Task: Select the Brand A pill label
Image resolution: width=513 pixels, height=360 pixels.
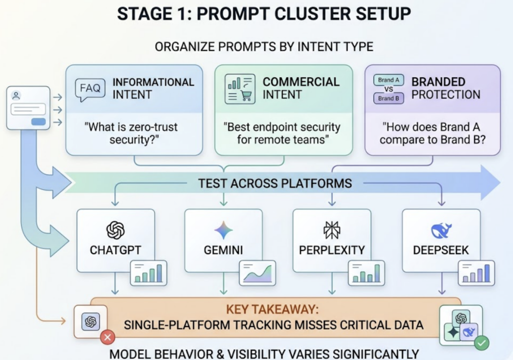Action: coord(389,80)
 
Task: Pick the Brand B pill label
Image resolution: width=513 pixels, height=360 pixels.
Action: coord(389,98)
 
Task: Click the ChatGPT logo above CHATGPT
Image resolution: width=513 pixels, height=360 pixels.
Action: coord(115,230)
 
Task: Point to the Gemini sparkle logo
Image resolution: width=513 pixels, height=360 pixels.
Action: coord(223,230)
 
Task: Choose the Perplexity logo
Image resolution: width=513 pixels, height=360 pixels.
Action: coord(332,230)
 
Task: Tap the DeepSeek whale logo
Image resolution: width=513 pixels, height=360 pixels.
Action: coord(441,230)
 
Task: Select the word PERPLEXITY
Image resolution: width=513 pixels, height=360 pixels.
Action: coord(332,250)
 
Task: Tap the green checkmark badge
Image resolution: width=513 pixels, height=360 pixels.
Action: coord(482,343)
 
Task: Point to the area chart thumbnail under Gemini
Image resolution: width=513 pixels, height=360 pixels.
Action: coord(258,273)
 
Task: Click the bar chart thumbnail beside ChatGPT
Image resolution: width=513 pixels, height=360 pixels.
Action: coord(148,273)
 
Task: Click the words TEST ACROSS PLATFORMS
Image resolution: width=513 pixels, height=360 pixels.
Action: coord(275,183)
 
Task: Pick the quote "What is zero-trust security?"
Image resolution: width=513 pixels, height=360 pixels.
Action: coord(133,133)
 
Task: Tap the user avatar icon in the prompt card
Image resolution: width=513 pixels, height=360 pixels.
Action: coord(16,95)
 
